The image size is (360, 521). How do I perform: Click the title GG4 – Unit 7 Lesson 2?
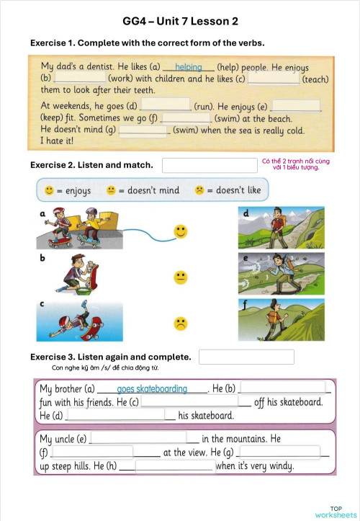[180, 21]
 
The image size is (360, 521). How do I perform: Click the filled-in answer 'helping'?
[189, 67]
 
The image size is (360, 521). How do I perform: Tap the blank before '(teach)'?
[273, 78]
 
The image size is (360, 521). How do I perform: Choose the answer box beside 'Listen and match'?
[210, 165]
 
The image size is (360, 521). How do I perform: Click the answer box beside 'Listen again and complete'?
[246, 357]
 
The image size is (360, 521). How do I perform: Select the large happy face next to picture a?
[180, 232]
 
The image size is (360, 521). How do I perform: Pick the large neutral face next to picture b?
[180, 277]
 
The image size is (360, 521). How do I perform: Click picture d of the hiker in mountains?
[282, 228]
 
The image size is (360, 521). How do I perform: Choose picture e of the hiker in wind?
[282, 274]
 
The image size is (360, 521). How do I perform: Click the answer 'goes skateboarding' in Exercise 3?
[152, 389]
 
